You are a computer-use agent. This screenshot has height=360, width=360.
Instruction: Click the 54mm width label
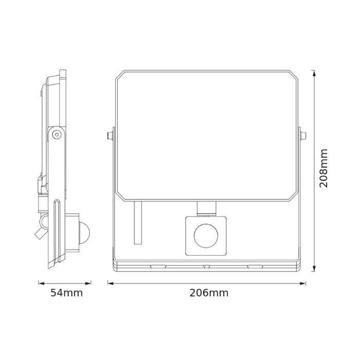coord(66,293)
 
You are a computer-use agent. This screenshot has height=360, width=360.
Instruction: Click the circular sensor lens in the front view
coord(205,237)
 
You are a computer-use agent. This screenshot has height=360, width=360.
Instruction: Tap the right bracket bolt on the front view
coord(303,135)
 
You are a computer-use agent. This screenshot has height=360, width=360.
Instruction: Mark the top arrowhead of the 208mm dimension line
coord(314,73)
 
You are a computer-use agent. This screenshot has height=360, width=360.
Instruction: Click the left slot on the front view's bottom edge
coord(159,266)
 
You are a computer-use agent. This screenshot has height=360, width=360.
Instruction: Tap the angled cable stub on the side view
coord(39,232)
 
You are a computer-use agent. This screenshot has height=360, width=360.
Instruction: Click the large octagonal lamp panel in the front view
coord(206,135)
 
